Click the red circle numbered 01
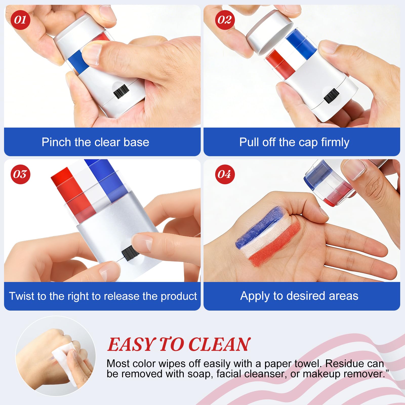(20, 20)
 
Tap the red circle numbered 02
(225, 20)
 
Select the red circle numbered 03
(20, 174)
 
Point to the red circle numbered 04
(225, 174)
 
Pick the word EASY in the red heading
(131, 345)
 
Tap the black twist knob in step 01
(120, 91)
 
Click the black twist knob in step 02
(331, 96)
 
